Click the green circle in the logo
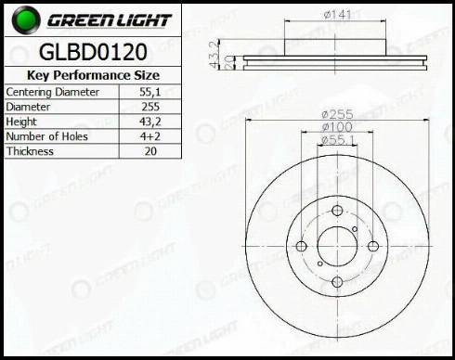(x=26, y=19)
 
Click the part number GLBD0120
(x=93, y=52)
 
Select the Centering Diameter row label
(x=52, y=92)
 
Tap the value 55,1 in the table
(x=150, y=92)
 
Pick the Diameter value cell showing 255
(x=150, y=107)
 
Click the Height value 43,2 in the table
(x=150, y=122)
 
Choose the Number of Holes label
(x=46, y=136)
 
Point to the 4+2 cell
(x=150, y=136)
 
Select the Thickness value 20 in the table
(x=150, y=151)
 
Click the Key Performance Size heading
(x=93, y=75)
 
